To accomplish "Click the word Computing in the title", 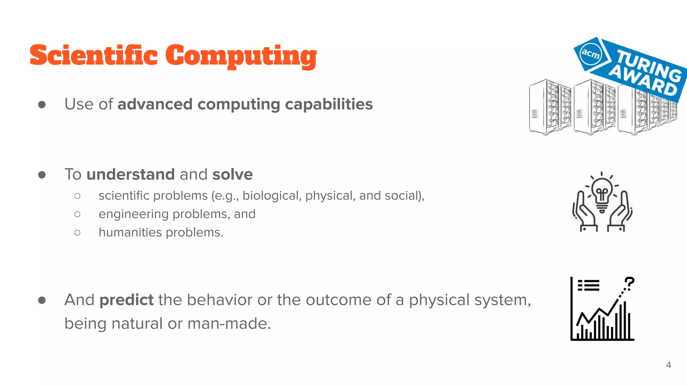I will [x=241, y=56].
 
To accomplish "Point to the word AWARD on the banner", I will [x=643, y=81].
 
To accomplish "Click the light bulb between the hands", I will [x=602, y=194].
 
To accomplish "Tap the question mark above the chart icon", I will [x=629, y=283].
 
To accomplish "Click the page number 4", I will [x=668, y=365].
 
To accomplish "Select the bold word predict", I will [x=126, y=300].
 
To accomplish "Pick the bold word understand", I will [x=130, y=175].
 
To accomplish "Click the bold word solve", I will [x=232, y=175].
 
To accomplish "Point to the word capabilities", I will [x=329, y=104].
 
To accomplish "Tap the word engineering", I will [x=134, y=214].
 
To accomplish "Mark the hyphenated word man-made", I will [x=229, y=324].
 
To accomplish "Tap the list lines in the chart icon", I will [x=589, y=285].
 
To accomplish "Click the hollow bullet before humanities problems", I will [x=77, y=233].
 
